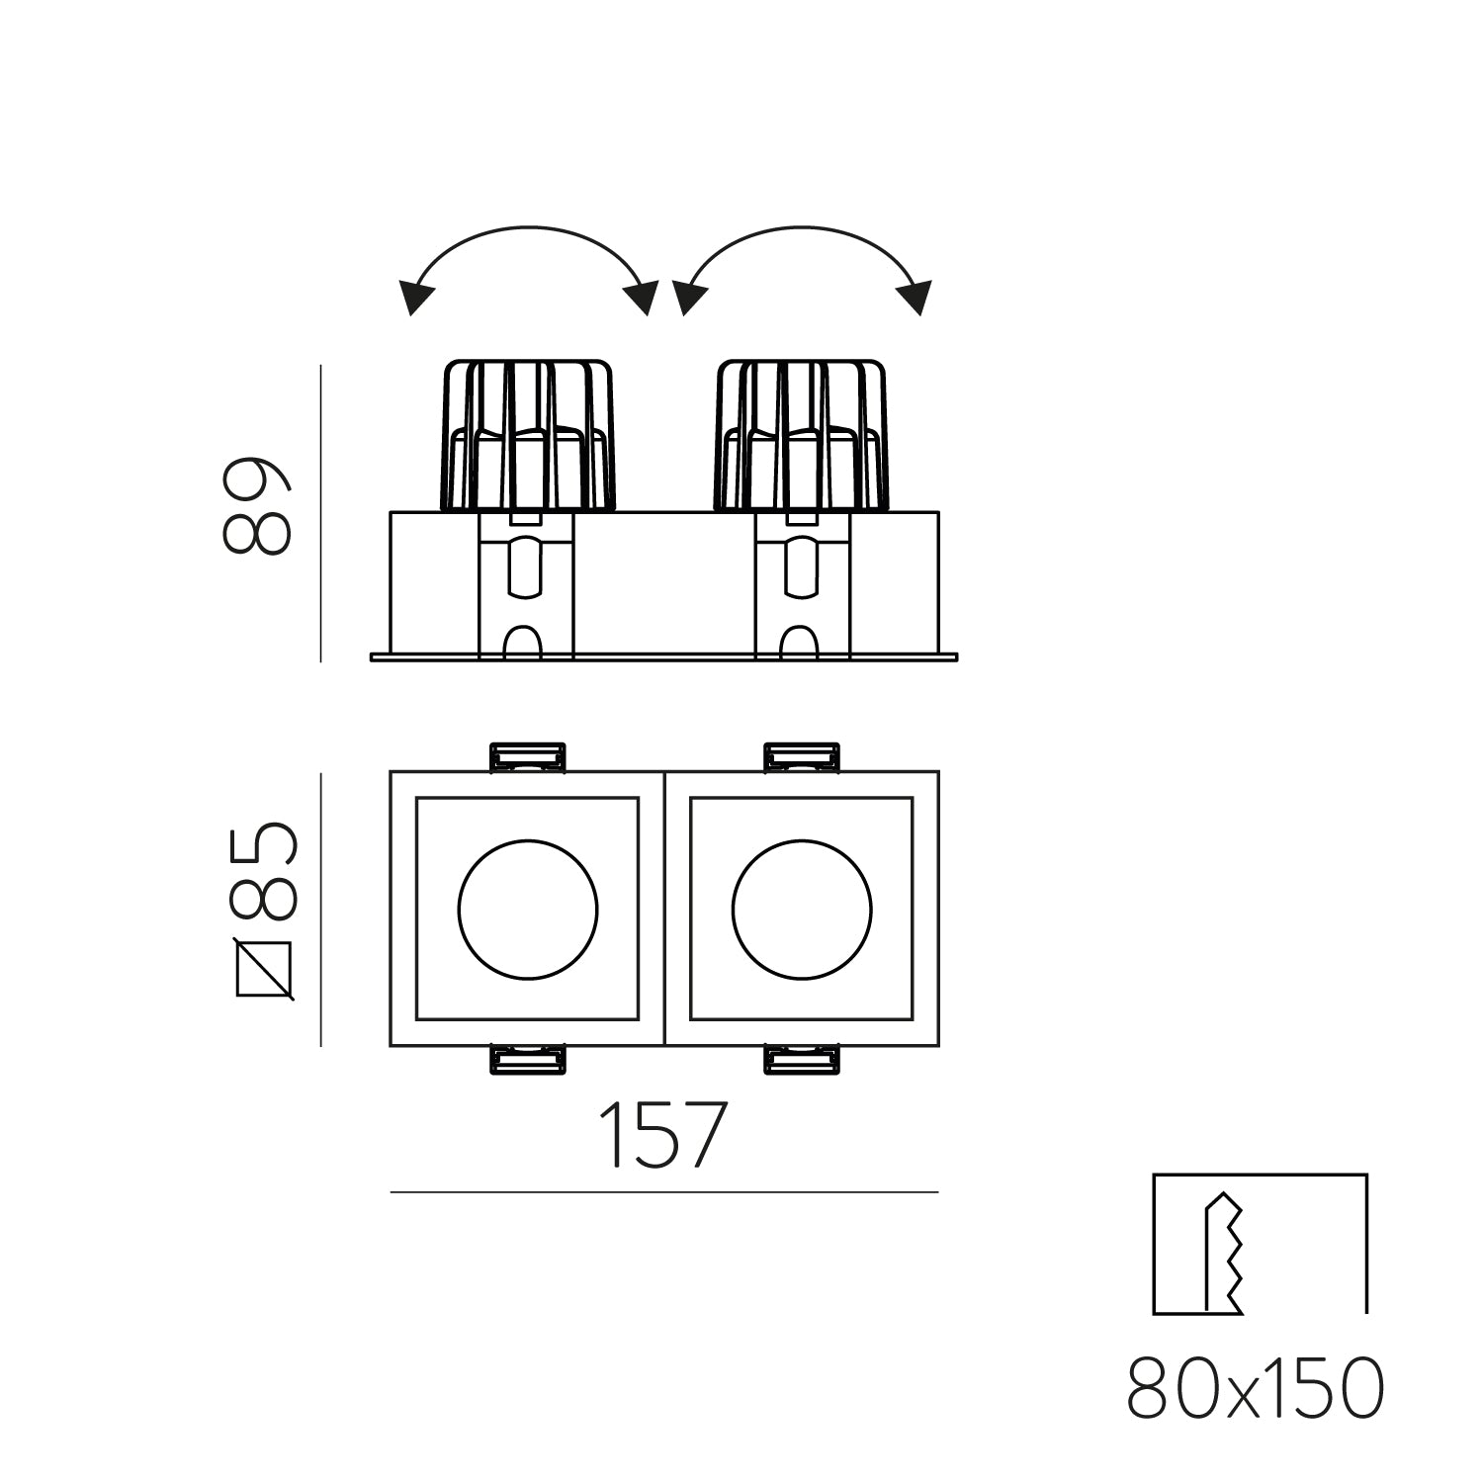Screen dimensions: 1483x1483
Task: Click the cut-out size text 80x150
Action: (x=1256, y=1389)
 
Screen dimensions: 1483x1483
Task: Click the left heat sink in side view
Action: (x=527, y=435)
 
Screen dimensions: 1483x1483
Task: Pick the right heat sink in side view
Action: (x=802, y=435)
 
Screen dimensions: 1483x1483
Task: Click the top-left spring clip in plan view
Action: (x=529, y=756)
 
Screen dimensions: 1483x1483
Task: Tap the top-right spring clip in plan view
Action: (x=802, y=756)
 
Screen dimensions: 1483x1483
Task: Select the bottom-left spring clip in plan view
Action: (x=529, y=1060)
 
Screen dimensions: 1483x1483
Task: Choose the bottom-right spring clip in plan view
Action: (x=802, y=1060)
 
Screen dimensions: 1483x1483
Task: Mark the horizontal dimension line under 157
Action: (x=663, y=1192)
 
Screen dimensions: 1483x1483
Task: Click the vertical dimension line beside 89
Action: (x=321, y=513)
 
